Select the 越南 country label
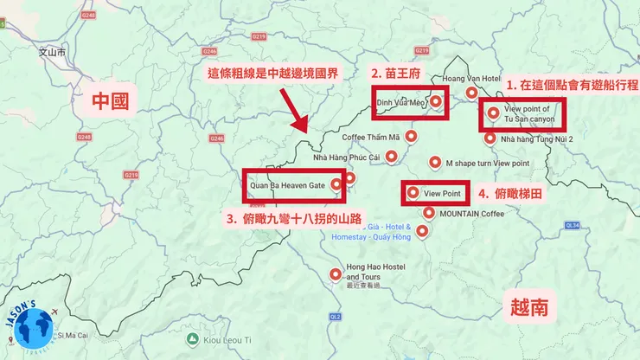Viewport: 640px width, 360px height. click(x=528, y=306)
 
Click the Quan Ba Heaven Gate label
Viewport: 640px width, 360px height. click(x=286, y=184)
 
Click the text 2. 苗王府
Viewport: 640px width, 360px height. click(x=395, y=74)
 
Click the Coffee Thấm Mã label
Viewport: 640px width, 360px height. click(x=371, y=137)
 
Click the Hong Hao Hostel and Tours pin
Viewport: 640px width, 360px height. click(x=336, y=274)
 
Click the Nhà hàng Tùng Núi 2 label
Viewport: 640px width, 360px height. click(x=536, y=138)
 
